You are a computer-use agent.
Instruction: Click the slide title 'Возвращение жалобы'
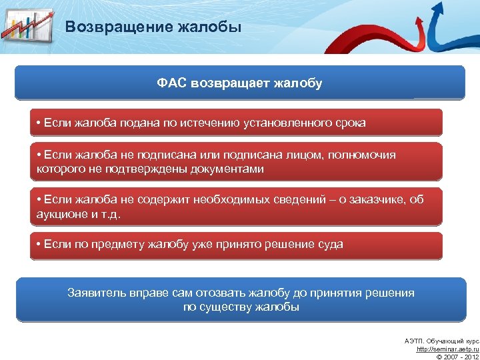click(x=153, y=27)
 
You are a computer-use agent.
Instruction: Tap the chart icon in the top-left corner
click(x=27, y=27)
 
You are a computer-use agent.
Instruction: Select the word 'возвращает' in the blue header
click(x=230, y=83)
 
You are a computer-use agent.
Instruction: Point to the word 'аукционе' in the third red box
click(x=60, y=215)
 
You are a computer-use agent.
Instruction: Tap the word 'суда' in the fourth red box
click(x=331, y=245)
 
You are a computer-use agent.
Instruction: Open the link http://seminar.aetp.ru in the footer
click(x=447, y=349)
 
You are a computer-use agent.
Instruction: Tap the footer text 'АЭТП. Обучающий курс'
click(x=442, y=341)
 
